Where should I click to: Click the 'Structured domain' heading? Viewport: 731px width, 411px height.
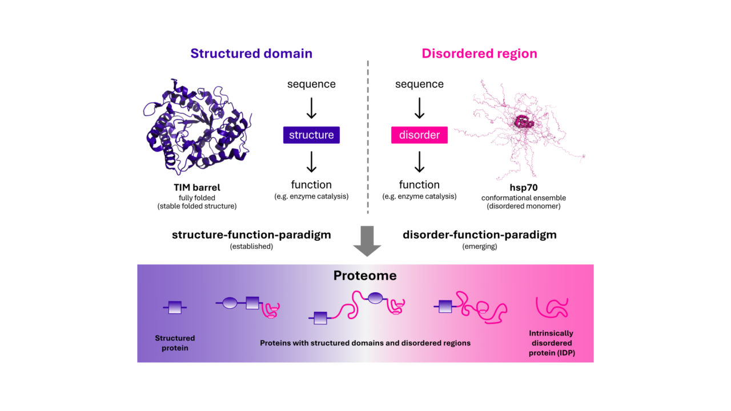(251, 54)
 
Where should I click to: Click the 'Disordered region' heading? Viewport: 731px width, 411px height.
(479, 54)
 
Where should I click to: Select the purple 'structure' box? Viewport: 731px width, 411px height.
(311, 135)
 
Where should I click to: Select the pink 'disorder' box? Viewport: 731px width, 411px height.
(419, 135)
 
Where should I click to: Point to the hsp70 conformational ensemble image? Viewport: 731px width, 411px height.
(521, 123)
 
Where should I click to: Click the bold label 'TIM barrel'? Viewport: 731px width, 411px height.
(197, 187)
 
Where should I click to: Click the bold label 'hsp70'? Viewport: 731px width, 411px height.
(520, 187)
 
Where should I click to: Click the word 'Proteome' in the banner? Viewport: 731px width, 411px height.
(365, 276)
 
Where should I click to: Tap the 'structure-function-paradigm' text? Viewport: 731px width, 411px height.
(251, 235)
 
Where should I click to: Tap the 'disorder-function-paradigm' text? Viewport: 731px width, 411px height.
(479, 235)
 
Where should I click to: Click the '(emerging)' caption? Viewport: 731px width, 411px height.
(479, 247)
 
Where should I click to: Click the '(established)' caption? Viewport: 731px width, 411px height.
(251, 247)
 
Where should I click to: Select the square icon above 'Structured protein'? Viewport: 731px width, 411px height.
(175, 308)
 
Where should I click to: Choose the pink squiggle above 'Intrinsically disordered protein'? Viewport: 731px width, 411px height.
(552, 308)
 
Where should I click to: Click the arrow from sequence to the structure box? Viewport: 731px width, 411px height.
(311, 108)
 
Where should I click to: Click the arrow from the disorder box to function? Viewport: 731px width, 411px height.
(419, 162)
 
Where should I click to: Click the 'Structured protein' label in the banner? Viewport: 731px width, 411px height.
(175, 343)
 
